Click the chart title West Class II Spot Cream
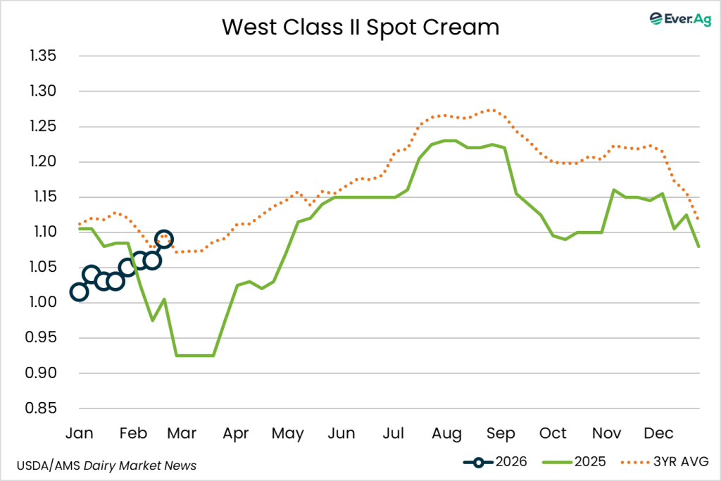coord(360,27)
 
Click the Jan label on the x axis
coord(79,432)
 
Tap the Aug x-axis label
coord(446,432)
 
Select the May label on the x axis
coord(287,432)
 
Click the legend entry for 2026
coord(497,462)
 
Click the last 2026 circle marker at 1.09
coord(163,239)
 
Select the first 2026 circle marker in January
coord(79,292)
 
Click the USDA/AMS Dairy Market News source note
coord(106,466)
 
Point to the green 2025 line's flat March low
coord(194,356)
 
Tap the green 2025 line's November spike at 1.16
coord(614,189)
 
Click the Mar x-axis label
coord(182,432)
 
